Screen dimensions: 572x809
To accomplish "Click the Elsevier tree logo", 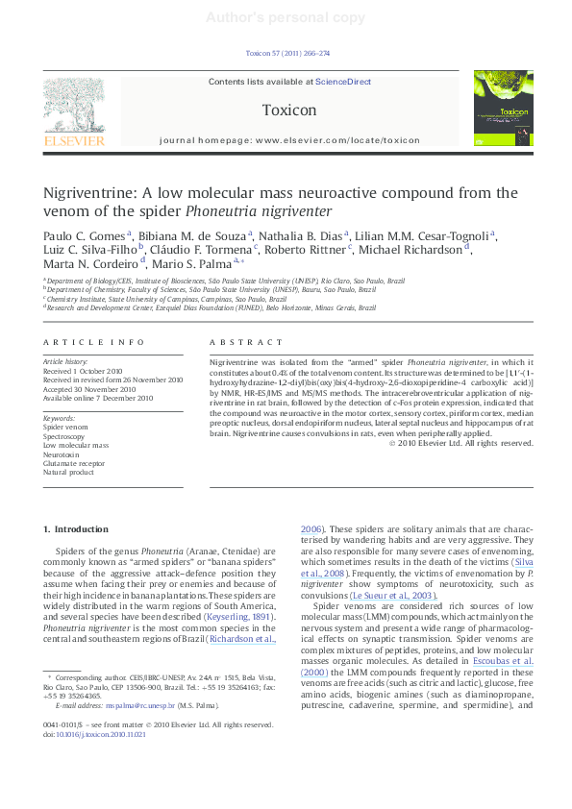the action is tap(74, 107).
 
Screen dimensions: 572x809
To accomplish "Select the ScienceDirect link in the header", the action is tap(343, 83).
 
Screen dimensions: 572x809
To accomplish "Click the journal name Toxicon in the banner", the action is tap(288, 110).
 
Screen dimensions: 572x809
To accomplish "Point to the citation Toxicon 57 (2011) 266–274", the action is tap(287, 54).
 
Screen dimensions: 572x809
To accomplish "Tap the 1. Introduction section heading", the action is tap(77, 529).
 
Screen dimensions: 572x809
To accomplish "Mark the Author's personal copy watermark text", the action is tap(286, 16).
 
